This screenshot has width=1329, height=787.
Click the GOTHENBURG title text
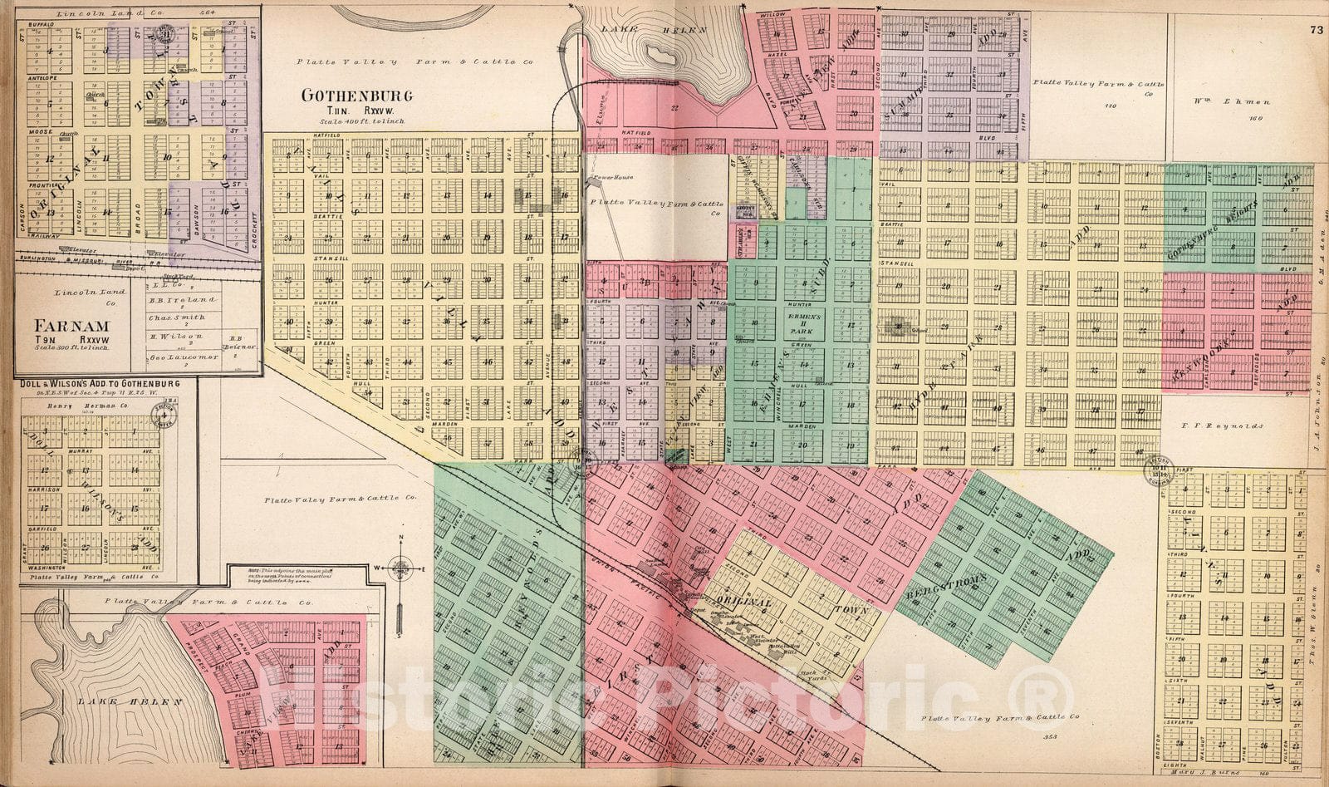pyautogui.click(x=356, y=96)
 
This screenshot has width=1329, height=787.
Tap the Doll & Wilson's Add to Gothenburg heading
pyautogui.click(x=100, y=383)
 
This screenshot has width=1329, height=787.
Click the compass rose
pyautogui.click(x=400, y=569)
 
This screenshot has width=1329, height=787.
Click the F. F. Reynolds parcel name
pyautogui.click(x=1223, y=425)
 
